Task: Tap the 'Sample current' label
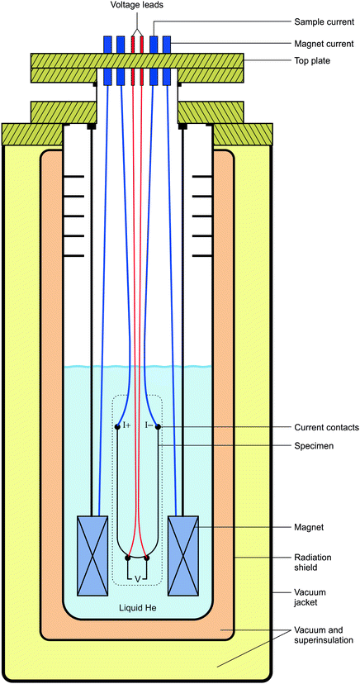(323, 21)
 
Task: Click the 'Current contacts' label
(326, 427)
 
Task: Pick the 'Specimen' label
(315, 447)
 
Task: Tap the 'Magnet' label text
(310, 525)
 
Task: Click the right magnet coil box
(183, 555)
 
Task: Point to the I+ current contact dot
(117, 426)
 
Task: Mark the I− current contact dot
(158, 426)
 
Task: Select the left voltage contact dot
(127, 558)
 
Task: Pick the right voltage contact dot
(147, 558)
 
